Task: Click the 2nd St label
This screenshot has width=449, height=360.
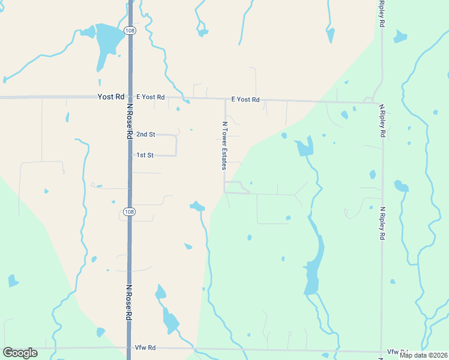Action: (x=146, y=134)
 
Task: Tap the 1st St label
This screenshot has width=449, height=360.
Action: (x=145, y=155)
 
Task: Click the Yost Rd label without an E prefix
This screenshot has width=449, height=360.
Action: (x=111, y=97)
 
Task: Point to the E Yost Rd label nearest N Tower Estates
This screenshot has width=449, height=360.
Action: (x=246, y=100)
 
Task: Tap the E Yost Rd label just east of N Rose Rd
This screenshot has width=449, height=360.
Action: (x=150, y=97)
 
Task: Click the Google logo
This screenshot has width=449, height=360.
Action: (x=20, y=353)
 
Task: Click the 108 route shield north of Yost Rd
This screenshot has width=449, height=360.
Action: (x=129, y=30)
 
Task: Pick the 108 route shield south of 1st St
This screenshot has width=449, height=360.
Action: (x=129, y=212)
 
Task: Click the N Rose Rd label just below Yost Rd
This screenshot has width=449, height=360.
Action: (x=129, y=121)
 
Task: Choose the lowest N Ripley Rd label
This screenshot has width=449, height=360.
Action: (x=382, y=224)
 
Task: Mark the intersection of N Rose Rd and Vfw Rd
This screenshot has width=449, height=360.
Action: (x=129, y=348)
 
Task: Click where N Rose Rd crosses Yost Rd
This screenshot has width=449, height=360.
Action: (x=129, y=97)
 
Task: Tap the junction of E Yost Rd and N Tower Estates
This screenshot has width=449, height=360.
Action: (x=225, y=100)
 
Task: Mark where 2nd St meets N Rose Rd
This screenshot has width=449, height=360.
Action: (x=130, y=134)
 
